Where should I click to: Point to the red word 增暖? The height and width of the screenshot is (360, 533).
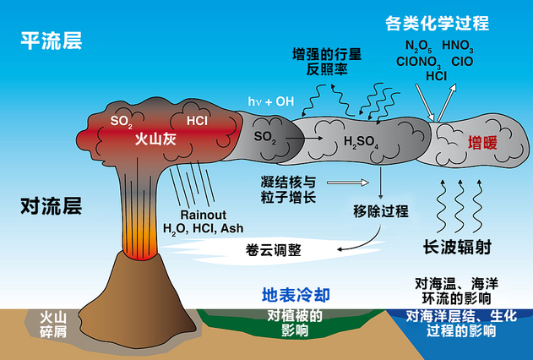click(x=484, y=144)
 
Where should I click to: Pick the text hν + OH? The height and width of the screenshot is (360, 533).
click(x=270, y=101)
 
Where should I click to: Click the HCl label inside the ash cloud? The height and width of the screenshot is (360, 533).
click(x=197, y=120)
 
